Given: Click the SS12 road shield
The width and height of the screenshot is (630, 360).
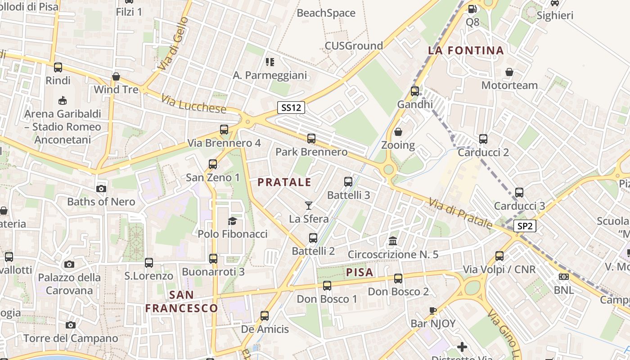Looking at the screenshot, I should click(x=291, y=108).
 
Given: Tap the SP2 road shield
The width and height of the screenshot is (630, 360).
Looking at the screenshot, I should click(x=525, y=226).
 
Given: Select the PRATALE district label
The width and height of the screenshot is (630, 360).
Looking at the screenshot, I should click(x=284, y=182).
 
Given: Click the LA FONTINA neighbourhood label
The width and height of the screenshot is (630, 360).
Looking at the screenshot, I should click(x=466, y=50).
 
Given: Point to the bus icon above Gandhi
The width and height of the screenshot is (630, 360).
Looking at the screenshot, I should click(x=415, y=91).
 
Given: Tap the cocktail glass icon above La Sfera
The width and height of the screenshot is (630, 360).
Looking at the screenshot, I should click(x=308, y=206).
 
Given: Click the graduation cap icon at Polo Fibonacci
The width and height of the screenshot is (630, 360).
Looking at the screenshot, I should click(x=232, y=220).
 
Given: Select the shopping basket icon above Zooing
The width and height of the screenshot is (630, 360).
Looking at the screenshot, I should click(x=398, y=132).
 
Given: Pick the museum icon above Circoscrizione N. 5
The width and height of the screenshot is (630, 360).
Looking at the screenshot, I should click(x=393, y=241).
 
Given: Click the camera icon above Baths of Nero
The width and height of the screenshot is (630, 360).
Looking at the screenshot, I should click(x=101, y=189).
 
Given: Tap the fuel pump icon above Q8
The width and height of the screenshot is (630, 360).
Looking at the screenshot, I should click(x=472, y=9).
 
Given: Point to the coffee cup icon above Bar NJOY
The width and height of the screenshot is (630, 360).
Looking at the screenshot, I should click(x=433, y=310).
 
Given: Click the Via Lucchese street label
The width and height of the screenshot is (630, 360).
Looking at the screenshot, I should click(x=193, y=104).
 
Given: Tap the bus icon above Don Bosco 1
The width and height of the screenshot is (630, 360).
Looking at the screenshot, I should click(x=327, y=285).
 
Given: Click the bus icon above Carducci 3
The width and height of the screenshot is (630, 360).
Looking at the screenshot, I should click(x=519, y=193).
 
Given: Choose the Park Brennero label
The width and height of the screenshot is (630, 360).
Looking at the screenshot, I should click(x=311, y=152).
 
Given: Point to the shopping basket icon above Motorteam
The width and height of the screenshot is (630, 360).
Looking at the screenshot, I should click(x=509, y=72).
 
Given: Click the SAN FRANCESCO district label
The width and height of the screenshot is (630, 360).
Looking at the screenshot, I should click(x=182, y=301).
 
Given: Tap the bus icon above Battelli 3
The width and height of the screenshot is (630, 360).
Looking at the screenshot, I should click(x=348, y=182).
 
